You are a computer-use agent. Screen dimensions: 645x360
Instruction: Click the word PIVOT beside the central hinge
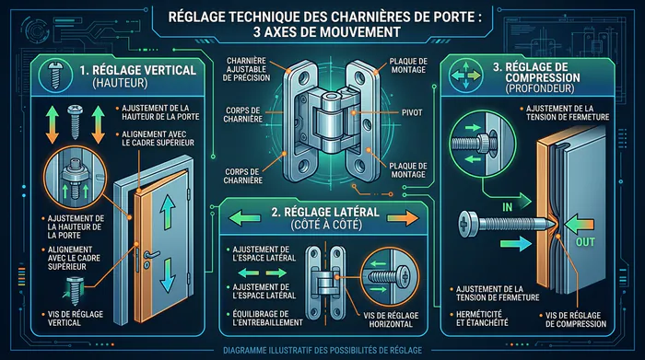pyautogui.click(x=412, y=112)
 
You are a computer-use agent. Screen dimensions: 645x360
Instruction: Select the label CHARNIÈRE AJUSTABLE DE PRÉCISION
pyautogui.click(x=246, y=69)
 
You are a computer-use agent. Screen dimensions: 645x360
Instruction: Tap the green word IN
pyautogui.click(x=507, y=207)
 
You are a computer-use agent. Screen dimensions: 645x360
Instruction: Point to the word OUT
pyautogui.click(x=585, y=242)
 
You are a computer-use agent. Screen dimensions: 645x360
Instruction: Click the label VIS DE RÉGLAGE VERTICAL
pyautogui.click(x=76, y=319)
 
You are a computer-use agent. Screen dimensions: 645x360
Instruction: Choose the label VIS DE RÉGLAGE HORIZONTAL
pyautogui.click(x=391, y=319)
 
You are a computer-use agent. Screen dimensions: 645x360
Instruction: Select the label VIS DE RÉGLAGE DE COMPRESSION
pyautogui.click(x=576, y=319)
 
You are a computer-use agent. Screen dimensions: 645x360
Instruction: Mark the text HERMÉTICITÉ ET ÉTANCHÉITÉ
pyautogui.click(x=482, y=319)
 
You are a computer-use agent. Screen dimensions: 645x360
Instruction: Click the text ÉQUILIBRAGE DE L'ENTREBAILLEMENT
pyautogui.click(x=267, y=319)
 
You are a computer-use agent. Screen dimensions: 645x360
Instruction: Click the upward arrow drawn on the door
pyautogui.click(x=168, y=211)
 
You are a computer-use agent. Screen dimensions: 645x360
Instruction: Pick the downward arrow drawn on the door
pyautogui.click(x=168, y=274)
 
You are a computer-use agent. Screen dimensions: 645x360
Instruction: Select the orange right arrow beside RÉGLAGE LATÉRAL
pyautogui.click(x=403, y=218)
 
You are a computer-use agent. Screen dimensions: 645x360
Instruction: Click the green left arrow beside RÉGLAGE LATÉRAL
pyautogui.click(x=244, y=218)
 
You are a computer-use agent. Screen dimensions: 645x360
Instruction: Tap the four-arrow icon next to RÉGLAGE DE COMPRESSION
pyautogui.click(x=465, y=75)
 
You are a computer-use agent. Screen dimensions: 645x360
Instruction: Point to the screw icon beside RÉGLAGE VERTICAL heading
pyautogui.click(x=55, y=75)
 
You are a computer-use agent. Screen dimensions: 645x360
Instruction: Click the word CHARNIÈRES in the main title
pyautogui.click(x=357, y=17)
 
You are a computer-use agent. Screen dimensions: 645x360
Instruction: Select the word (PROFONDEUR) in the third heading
pyautogui.click(x=540, y=88)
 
